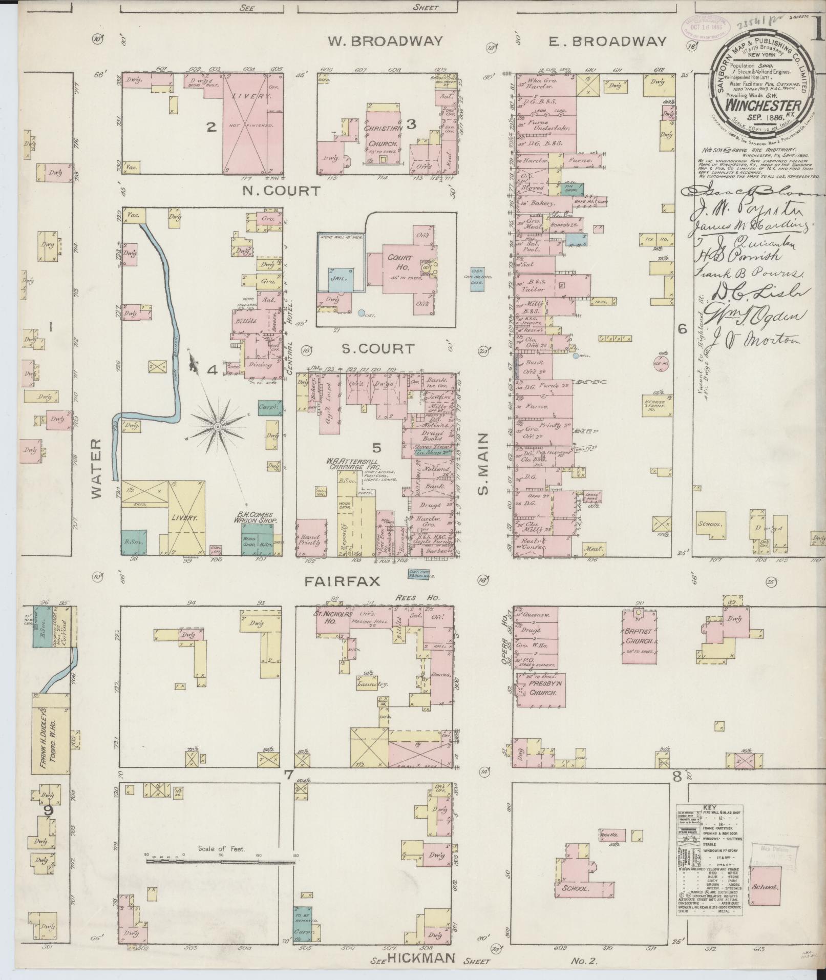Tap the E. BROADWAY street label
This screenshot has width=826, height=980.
pos(608,41)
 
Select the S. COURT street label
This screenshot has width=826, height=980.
pos(377,349)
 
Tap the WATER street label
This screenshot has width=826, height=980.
pos(98,469)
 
